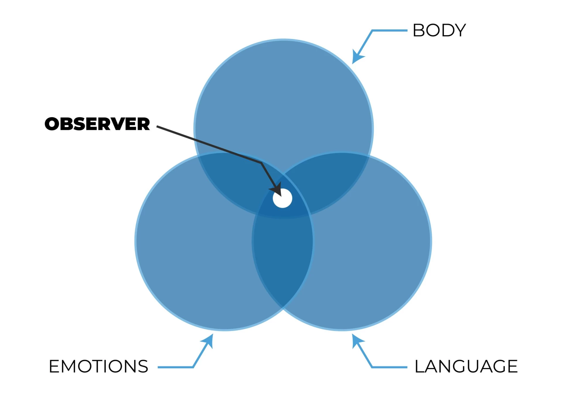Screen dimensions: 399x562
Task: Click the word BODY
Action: tap(439, 30)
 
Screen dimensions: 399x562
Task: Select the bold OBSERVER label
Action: tap(97, 124)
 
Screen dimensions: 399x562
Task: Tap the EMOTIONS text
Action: tap(99, 366)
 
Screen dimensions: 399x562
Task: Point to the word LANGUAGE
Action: tap(466, 366)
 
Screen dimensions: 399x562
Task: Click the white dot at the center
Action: tap(282, 198)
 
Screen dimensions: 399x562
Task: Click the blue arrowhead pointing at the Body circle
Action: tap(357, 57)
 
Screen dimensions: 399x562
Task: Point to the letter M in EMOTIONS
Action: tap(71, 366)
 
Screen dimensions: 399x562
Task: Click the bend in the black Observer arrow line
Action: tap(261, 163)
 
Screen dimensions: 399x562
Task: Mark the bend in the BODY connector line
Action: tap(372, 30)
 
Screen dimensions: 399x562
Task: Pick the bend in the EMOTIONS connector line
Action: tap(193, 367)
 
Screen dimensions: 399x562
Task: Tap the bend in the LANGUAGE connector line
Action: tap(372, 367)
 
